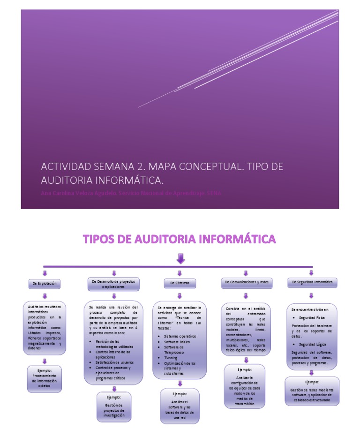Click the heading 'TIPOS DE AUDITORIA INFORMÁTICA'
click(x=180, y=240)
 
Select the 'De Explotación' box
click(x=45, y=284)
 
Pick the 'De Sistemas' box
click(x=180, y=283)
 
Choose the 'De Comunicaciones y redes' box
click(x=246, y=282)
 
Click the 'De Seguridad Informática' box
click(x=312, y=282)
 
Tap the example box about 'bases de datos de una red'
click(x=180, y=406)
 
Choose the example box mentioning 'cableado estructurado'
click(x=312, y=391)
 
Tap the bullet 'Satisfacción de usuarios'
click(x=114, y=362)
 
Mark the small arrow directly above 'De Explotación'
click(x=45, y=272)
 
